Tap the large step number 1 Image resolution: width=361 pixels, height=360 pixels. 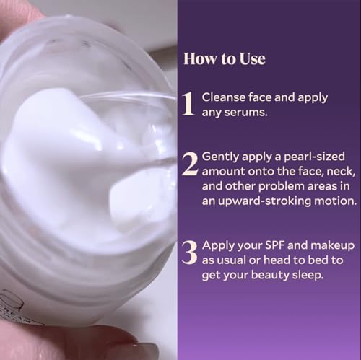188,104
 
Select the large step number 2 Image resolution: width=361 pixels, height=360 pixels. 189,165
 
